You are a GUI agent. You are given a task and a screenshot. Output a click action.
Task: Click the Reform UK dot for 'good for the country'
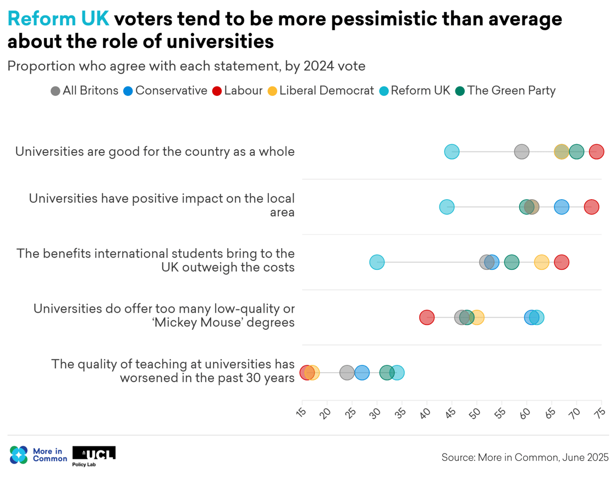[x=452, y=152]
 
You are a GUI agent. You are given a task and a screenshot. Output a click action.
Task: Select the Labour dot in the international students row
[x=561, y=263]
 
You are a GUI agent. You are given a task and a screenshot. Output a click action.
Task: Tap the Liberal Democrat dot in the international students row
[x=542, y=263]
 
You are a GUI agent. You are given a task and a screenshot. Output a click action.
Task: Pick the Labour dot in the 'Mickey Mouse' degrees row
[x=427, y=318]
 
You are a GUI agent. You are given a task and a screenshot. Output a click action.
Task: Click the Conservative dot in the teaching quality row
[x=362, y=373]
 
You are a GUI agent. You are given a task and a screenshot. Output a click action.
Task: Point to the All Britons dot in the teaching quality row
[x=347, y=373]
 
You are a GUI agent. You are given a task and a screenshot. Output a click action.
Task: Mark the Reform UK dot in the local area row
[x=447, y=207]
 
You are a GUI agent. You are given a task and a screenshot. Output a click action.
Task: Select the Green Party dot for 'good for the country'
[x=576, y=152]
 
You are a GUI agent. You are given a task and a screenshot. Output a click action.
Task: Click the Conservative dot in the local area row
[x=562, y=207]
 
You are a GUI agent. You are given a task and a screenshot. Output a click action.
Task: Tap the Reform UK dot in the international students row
[x=377, y=263]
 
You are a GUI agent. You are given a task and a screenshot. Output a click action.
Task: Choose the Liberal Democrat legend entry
[x=321, y=91]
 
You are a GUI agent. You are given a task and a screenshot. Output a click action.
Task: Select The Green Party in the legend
[x=505, y=91]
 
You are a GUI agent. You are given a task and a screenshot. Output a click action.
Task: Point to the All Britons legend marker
[x=56, y=91]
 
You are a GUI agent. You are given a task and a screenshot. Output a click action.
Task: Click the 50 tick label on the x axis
[x=476, y=413]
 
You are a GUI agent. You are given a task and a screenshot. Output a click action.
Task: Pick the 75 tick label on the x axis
[x=600, y=413]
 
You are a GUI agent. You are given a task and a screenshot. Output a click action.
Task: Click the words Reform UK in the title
[x=58, y=19]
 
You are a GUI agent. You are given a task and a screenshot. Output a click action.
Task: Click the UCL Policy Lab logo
[x=94, y=455]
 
